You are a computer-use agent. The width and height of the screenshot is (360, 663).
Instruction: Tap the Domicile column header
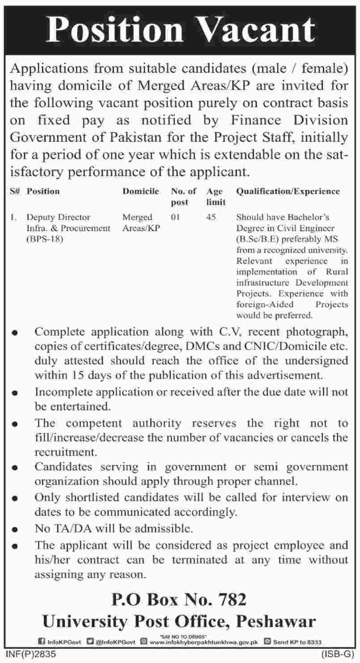(141, 191)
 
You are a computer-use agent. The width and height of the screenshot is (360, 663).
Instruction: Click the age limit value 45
(212, 217)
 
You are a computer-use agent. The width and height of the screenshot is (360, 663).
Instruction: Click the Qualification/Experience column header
(288, 191)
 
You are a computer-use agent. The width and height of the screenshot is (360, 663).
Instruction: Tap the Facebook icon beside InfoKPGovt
(43, 642)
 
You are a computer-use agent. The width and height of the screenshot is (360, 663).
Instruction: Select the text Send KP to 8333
(296, 642)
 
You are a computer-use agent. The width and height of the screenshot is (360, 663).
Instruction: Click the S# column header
(14, 191)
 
